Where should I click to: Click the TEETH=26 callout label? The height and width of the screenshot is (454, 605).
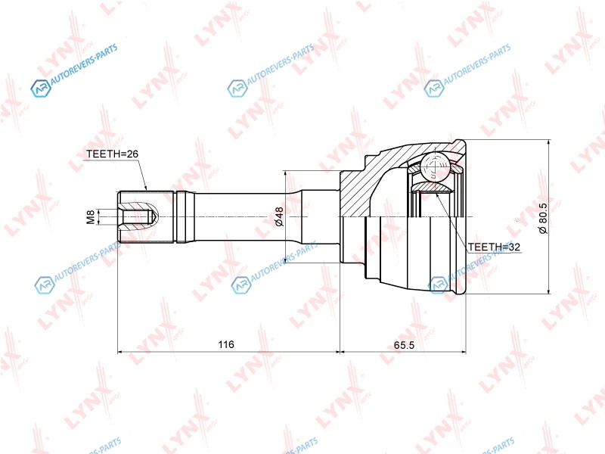[x=112, y=154]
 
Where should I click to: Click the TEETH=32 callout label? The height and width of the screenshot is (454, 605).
[x=495, y=247]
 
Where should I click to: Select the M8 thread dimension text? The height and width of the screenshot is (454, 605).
[x=90, y=216]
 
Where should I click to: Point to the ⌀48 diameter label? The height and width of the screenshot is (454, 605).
[x=279, y=216]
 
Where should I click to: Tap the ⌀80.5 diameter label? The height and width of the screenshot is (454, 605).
[x=543, y=218]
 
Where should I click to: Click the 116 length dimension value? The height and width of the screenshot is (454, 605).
[x=225, y=344]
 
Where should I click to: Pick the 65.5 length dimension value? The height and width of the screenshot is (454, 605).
[x=404, y=345]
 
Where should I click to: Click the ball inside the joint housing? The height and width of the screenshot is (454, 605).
[x=434, y=167]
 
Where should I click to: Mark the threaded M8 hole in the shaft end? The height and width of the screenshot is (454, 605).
[x=138, y=216]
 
